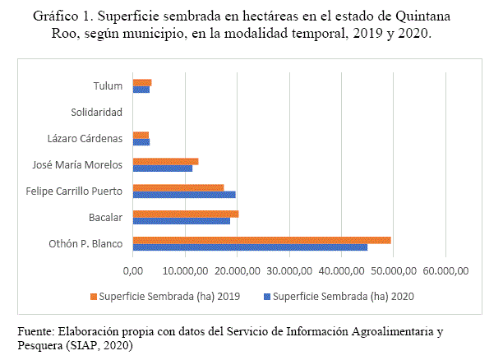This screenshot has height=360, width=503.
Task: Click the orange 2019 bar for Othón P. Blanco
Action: coord(261,240)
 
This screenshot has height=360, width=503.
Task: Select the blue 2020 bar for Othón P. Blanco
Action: coord(250,247)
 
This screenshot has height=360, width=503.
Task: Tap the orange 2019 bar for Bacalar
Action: coord(185,214)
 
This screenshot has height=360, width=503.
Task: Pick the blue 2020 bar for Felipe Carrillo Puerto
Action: coord(184,195)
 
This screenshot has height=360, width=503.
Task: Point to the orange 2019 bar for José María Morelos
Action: coord(165,161)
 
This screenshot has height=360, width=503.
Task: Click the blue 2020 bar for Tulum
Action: coord(141,89)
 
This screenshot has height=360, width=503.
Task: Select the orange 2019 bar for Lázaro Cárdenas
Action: coord(141,134)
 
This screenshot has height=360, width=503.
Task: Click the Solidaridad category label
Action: coord(96,112)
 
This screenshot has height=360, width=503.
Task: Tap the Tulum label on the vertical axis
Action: coord(108,85)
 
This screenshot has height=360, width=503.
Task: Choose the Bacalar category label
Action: coord(106,218)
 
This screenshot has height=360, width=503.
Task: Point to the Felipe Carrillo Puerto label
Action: coord(74,192)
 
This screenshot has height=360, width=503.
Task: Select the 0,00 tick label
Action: coord(132,270)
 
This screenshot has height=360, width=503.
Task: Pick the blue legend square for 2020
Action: coord(265,295)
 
